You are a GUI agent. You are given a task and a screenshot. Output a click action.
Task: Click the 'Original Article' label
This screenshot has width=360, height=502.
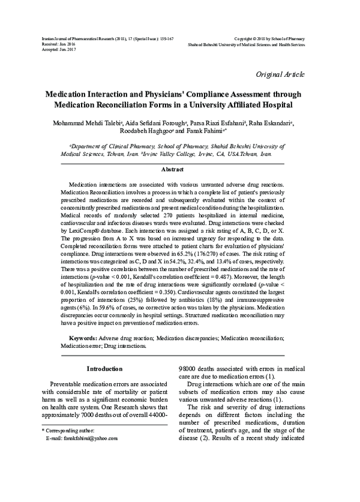(280, 74)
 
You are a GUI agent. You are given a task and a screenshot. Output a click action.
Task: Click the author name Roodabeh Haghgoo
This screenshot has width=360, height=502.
(148, 131)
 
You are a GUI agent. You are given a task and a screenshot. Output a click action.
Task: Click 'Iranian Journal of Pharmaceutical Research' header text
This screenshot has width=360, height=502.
(90, 38)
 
